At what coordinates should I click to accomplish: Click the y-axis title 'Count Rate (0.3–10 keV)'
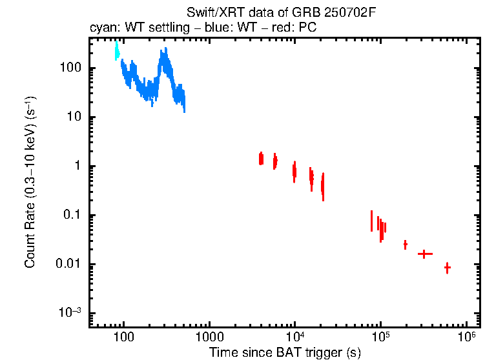30,183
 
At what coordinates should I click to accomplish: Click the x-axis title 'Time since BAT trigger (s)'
285,352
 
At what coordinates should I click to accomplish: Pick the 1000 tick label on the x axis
209,337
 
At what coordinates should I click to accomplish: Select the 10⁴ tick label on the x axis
294,336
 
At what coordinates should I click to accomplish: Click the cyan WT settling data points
117,51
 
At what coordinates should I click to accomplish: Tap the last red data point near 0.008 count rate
447,268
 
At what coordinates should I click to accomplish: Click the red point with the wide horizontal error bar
424,254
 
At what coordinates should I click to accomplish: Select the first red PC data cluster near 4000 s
261,159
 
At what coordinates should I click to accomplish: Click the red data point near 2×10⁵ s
405,245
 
